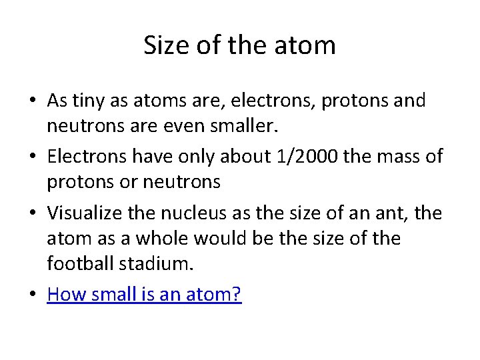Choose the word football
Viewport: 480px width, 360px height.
point(81,263)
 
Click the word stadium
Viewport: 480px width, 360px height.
point(157,263)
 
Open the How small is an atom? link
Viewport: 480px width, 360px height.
point(144,294)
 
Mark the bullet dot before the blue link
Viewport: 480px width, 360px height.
point(33,295)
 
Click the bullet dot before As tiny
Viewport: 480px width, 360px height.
point(33,102)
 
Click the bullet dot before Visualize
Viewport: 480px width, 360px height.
point(33,213)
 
